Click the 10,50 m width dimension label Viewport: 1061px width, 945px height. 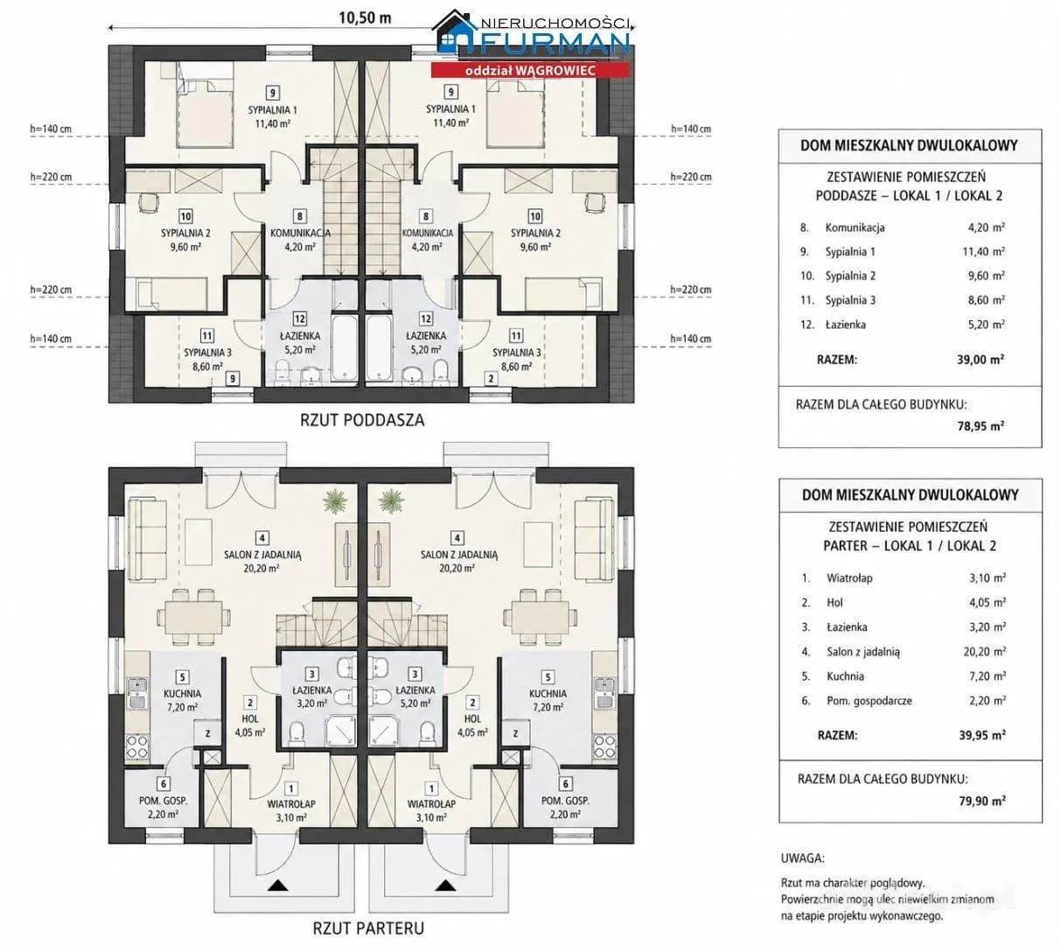tap(365, 17)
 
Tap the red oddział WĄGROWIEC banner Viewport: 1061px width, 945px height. tap(530, 70)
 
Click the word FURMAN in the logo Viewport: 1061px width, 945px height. tap(555, 44)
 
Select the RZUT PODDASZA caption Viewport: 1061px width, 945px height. tap(362, 420)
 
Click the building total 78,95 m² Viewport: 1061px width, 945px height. tap(981, 426)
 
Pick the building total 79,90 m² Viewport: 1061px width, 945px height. tap(982, 801)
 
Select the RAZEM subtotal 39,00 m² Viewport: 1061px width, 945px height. tap(980, 360)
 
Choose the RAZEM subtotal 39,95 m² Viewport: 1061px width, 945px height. tap(982, 735)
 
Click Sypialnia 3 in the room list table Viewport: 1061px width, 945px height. tap(850, 300)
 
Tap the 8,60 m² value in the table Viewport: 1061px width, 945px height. tap(986, 300)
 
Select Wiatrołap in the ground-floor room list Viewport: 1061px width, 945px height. tap(849, 578)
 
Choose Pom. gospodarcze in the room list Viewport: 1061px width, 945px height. tap(869, 701)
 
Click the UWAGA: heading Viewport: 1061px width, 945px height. tap(802, 858)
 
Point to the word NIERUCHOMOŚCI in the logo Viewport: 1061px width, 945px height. tap(555, 24)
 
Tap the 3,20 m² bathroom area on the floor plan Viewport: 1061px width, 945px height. tap(312, 703)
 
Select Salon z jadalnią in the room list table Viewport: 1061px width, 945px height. tap(863, 652)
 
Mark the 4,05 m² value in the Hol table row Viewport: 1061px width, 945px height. tap(988, 602)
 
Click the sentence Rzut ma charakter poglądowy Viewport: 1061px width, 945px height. tap(853, 883)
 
